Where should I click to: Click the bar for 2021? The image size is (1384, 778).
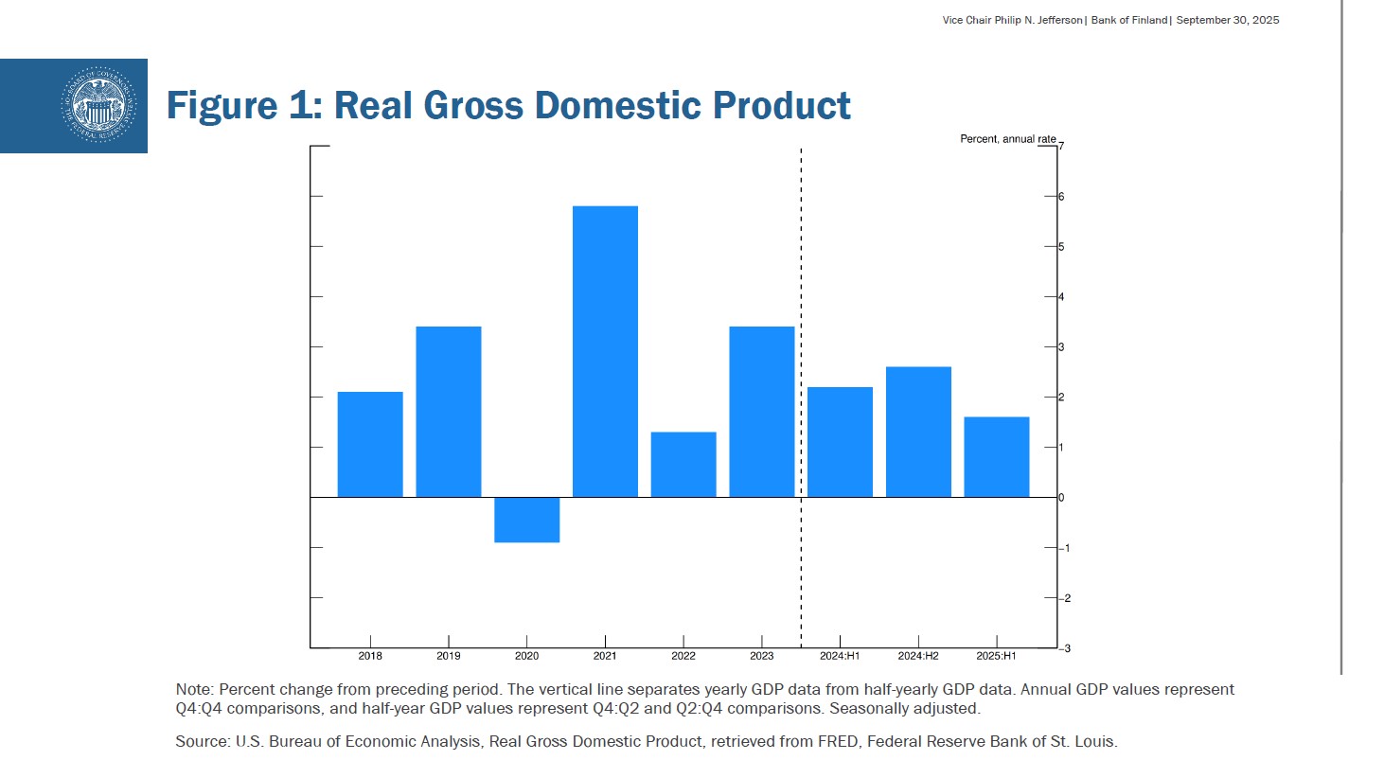tap(605, 351)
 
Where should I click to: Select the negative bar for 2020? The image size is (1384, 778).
tap(526, 520)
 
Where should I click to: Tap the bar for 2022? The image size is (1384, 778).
tap(683, 465)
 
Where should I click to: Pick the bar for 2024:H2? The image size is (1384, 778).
tap(918, 432)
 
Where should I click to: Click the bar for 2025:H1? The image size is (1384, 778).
tap(996, 457)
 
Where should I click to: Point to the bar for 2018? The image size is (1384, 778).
tap(370, 444)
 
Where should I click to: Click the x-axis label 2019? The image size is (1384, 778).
tap(449, 656)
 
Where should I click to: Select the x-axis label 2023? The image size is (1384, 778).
tap(761, 656)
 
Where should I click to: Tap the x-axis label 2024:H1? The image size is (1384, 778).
tap(840, 656)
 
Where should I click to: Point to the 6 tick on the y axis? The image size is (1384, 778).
tap(1061, 197)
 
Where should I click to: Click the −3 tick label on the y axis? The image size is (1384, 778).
tap(1064, 648)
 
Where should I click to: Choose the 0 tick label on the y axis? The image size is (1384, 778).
tap(1061, 498)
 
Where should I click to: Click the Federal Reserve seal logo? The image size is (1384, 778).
tap(98, 105)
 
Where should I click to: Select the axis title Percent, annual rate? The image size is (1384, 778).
tap(1007, 139)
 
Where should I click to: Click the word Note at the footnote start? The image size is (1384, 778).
tap(193, 690)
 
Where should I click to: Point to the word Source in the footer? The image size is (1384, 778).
tap(201, 742)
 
